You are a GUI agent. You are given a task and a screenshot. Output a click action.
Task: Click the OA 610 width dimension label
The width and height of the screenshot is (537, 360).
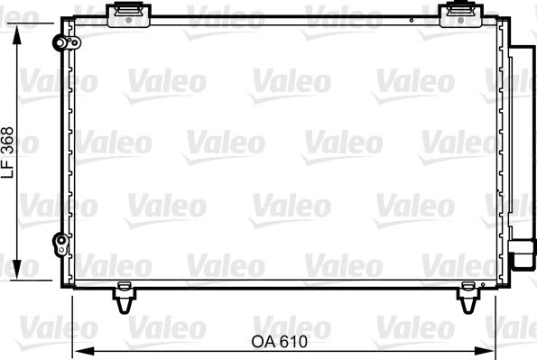coord(279,342)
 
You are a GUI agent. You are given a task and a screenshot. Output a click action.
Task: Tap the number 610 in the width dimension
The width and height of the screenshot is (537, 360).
coord(292,342)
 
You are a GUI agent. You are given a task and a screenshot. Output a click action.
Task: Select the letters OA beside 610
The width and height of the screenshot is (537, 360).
coord(262,342)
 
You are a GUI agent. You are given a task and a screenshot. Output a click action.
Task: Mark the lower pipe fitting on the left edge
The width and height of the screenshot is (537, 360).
coord(60,241)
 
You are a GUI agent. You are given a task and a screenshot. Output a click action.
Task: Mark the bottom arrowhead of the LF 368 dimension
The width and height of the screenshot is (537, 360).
coord(19,274)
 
